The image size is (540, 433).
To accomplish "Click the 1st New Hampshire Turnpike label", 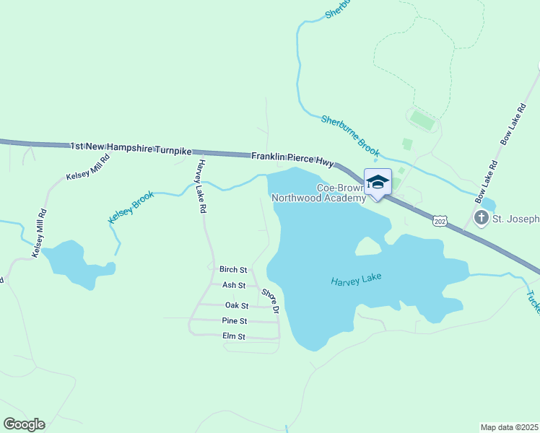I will (x=131, y=148).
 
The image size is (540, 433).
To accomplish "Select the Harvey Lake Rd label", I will (x=200, y=186).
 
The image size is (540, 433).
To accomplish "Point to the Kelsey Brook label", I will (x=131, y=207).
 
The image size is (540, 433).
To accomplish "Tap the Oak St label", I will (x=236, y=306).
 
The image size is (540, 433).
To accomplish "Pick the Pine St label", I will (x=235, y=321).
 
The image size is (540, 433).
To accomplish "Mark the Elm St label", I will (x=234, y=337).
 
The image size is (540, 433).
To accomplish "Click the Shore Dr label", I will (x=270, y=302).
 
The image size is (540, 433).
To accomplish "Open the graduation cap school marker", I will (x=378, y=182).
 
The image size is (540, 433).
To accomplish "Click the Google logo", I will (x=24, y=424).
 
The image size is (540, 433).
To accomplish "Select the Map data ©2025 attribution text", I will (x=508, y=427).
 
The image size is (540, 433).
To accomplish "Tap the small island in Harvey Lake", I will (x=367, y=247).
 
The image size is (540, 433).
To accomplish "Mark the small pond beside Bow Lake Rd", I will (x=487, y=204).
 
